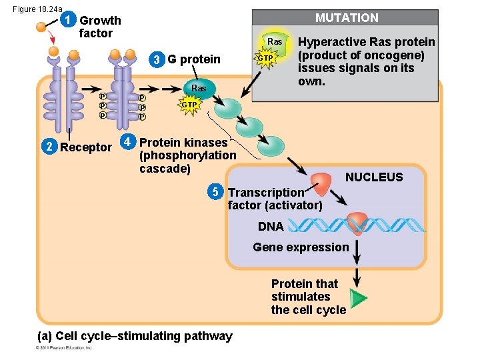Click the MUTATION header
346,18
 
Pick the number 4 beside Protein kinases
128,142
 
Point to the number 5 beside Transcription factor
215,193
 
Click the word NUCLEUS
373,177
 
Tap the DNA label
271,227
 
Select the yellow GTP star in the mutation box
265,58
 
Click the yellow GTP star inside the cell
189,105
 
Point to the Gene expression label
300,247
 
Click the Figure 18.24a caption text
37,8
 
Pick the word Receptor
85,147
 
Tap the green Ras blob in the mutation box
274,43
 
